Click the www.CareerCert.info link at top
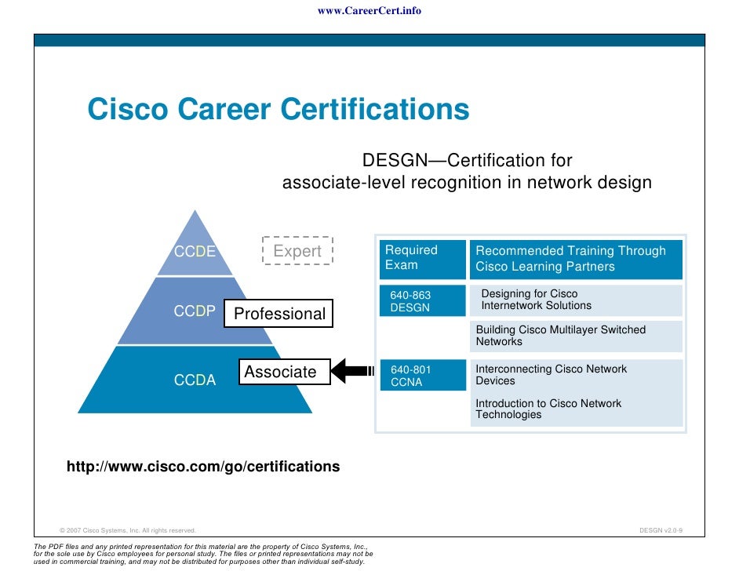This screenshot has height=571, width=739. [x=369, y=11]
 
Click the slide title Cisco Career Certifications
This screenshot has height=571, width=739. [x=278, y=109]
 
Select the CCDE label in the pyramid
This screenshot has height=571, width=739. [x=195, y=252]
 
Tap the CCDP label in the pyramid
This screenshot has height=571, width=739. [x=195, y=311]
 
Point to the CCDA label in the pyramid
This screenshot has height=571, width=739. [x=195, y=380]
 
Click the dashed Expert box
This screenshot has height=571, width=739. [x=297, y=251]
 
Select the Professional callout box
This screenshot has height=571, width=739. [x=279, y=314]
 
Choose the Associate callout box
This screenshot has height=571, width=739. [x=280, y=372]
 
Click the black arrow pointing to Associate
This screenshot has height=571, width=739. [x=353, y=372]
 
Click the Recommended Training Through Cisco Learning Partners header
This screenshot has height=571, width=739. [x=576, y=259]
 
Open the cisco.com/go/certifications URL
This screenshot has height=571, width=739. [x=203, y=467]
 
